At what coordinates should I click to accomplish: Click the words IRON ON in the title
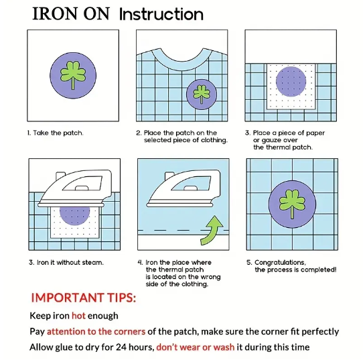pos(71,14)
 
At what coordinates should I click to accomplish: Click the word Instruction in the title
pos(161,14)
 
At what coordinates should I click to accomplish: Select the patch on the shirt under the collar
pos(202,95)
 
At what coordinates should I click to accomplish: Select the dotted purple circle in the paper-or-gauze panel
pos(291,82)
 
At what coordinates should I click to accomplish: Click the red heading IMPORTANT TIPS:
pos(84,298)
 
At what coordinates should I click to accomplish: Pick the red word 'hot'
pos(78,316)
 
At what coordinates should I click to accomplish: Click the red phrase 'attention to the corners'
pos(96,331)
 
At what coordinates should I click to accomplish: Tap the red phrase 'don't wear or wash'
pos(196,347)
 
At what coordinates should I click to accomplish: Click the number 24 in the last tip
pos(121,347)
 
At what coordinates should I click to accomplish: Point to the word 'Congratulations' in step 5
pos(280,263)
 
